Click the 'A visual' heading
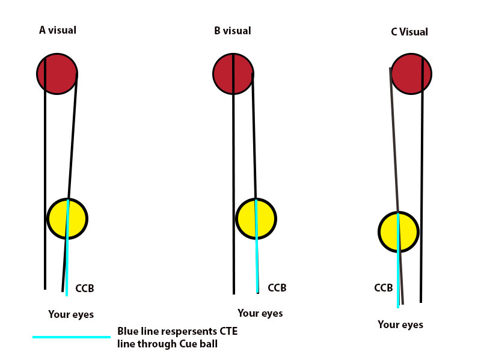pos(58,30)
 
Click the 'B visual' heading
pos(232,31)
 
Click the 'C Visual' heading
pos(409,32)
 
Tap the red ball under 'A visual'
pos(57,73)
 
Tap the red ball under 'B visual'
pos(233,73)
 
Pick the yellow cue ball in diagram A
pos(67,218)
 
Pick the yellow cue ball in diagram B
pos(256,219)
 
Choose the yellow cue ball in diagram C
pos(398,232)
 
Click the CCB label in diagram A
pos(85,289)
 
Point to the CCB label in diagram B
pos(277,288)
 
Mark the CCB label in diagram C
pos(383,288)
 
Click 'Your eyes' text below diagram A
pos(71,314)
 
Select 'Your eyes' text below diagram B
pos(260,313)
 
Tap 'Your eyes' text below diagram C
pos(400,325)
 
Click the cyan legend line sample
pos(72,337)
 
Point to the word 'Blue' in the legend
pos(128,332)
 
